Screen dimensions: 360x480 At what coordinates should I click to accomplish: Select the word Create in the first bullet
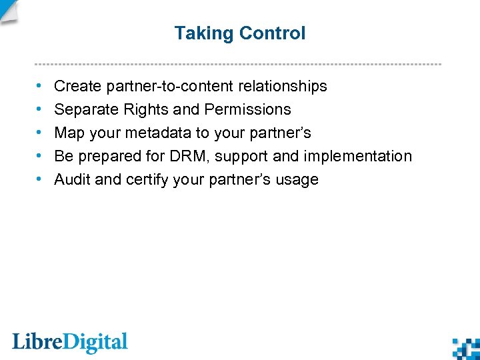[75, 86]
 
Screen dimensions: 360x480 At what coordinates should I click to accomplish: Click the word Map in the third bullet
[69, 133]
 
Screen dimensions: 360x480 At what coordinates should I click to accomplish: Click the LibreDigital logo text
[70, 343]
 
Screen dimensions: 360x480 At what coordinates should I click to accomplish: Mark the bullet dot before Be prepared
[39, 156]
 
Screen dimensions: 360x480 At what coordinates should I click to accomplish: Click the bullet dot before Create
[39, 86]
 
